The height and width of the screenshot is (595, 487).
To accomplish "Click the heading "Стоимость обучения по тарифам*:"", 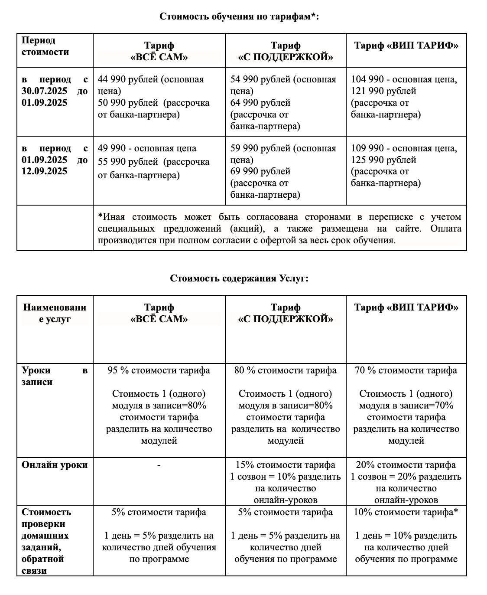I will coord(239,16).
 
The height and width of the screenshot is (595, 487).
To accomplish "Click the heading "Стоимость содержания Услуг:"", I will coord(239,278).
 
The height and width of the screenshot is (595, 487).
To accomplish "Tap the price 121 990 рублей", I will coord(383,91).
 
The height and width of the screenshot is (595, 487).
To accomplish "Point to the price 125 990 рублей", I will coord(383,160).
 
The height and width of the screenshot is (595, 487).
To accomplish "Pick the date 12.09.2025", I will coord(45,171).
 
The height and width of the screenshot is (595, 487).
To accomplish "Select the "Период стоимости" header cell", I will coord(45,46).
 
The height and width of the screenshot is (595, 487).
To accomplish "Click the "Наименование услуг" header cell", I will coord(55,313).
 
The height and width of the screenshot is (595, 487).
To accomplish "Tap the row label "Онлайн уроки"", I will coord(55,465).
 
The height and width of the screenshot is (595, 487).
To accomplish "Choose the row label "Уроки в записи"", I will coord(55,376).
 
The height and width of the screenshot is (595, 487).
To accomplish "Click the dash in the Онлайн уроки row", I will coord(159,465).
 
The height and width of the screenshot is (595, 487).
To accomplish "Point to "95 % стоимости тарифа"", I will coord(159,370).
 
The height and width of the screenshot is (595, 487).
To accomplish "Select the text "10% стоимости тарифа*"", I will coord(406,512).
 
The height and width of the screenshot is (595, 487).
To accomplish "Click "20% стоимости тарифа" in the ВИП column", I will coord(406,465).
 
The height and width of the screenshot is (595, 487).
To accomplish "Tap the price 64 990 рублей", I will coord(260,103).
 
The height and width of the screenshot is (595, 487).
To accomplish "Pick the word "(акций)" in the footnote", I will coord(249,229).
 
